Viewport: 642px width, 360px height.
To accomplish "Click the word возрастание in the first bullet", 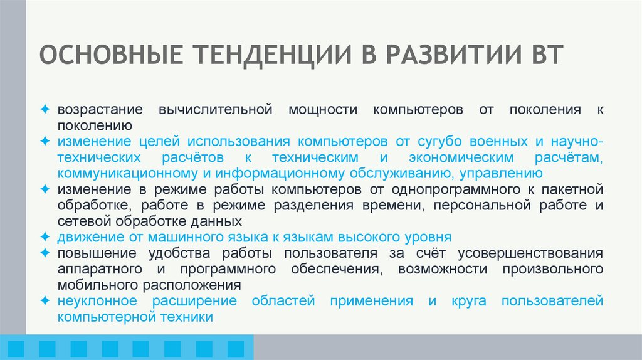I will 101,109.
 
